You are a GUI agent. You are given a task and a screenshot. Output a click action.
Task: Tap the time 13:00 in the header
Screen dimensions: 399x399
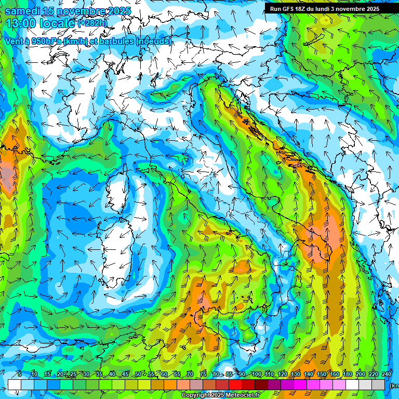pos(20,23)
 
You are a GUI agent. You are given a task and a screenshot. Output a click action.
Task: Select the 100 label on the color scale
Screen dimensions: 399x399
pos(256,375)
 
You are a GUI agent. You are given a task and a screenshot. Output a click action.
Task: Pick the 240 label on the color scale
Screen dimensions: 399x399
pos(386,375)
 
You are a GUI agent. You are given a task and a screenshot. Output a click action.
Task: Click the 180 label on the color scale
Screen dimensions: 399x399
pos(347,375)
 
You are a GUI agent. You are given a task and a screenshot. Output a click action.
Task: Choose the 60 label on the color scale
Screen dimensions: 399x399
pos(164,375)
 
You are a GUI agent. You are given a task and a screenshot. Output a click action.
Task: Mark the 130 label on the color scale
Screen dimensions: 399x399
pos(295,375)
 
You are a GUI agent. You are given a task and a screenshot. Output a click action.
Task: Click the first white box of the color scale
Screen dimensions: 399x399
pos(14,384)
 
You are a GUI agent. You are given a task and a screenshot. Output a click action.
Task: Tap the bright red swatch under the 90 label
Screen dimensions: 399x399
pos(236,384)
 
